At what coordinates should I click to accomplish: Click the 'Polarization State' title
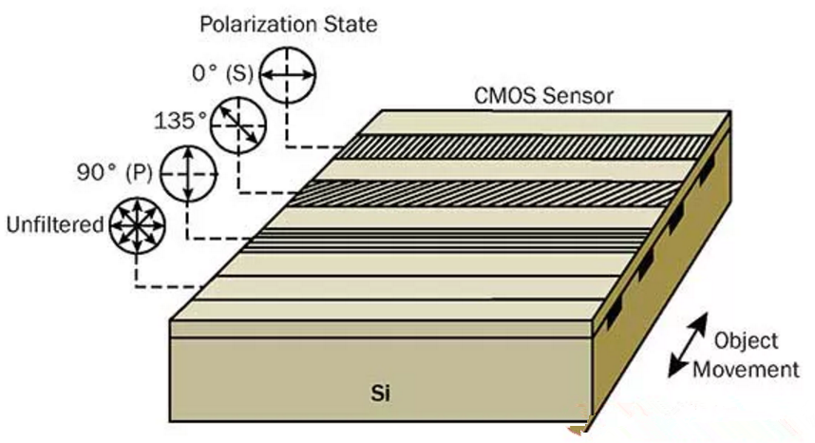[289, 25]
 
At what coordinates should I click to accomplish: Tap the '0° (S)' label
[222, 73]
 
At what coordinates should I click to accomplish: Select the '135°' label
[180, 121]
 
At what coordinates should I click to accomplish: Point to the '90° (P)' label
[115, 172]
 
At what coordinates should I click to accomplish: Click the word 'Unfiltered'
[55, 224]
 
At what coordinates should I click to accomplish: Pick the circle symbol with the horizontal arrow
[288, 75]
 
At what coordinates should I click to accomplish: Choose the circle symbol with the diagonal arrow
[238, 125]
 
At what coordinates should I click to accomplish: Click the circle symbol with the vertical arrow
[189, 174]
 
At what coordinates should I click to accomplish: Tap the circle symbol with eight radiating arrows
[137, 226]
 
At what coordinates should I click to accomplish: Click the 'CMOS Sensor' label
[543, 96]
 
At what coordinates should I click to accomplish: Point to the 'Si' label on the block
[381, 394]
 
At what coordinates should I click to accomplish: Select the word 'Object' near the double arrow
[746, 341]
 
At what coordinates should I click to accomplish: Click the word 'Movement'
[746, 370]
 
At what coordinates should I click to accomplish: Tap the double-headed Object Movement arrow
[688, 345]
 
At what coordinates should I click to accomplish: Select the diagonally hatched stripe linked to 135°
[483, 193]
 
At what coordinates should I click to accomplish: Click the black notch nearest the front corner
[614, 312]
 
